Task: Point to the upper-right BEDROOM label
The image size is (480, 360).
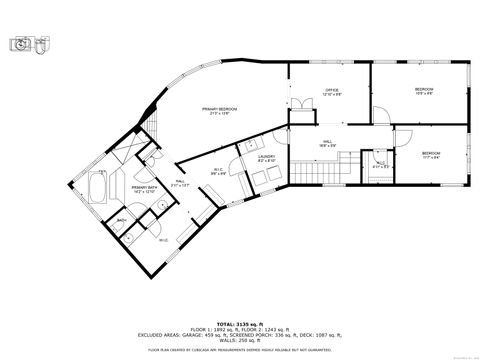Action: click(x=423, y=92)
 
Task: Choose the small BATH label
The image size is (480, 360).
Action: click(x=121, y=220)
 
